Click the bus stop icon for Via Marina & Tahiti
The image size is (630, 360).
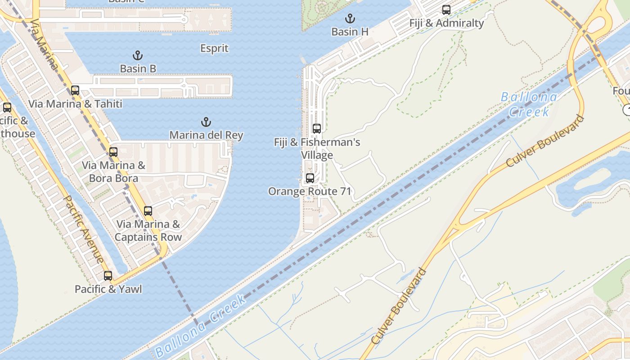[75, 90]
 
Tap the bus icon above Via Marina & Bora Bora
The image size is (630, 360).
[113, 152]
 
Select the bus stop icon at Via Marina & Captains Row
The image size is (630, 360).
[148, 211]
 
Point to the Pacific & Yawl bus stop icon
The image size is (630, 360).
[108, 275]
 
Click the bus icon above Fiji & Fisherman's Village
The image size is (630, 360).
[317, 129]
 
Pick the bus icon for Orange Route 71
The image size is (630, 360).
[310, 178]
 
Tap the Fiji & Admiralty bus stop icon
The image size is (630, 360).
[446, 9]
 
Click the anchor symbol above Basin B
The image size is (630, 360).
[138, 55]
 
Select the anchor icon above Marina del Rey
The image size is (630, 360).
[206, 122]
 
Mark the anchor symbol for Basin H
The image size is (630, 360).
[350, 18]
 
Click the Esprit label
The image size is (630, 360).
[214, 48]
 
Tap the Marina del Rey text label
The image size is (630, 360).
[206, 135]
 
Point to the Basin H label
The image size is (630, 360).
[350, 31]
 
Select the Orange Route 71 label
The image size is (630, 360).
[310, 191]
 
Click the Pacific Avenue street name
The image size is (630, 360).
[84, 229]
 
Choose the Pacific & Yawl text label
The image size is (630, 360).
[108, 289]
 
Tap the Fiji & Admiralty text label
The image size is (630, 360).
[446, 23]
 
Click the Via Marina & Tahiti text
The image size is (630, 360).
[75, 103]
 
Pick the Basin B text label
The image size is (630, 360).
[138, 68]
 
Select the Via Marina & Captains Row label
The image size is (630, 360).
[148, 230]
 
